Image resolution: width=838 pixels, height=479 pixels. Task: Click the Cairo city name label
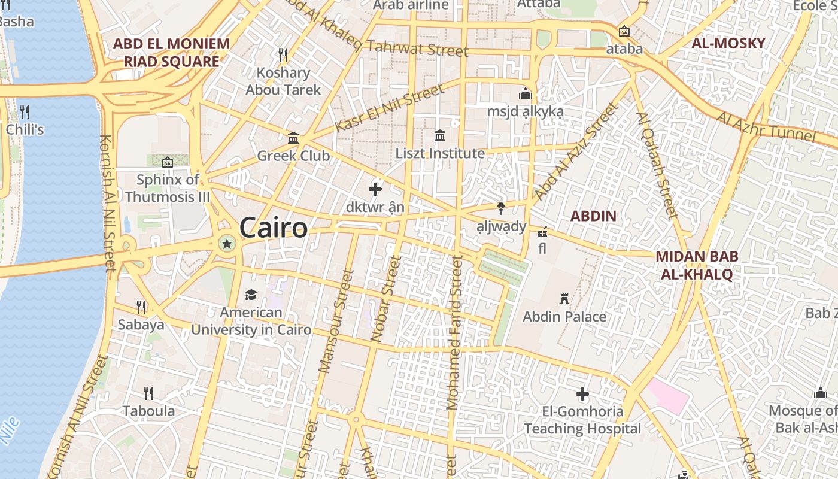[x=274, y=228]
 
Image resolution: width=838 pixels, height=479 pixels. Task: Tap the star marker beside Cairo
[x=227, y=244]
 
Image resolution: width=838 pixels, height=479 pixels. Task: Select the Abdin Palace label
[x=564, y=317]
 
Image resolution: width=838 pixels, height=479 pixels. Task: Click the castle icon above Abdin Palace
[x=564, y=298]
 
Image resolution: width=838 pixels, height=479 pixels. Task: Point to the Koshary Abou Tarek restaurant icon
[x=284, y=55]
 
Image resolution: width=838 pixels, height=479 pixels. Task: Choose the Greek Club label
[x=293, y=156]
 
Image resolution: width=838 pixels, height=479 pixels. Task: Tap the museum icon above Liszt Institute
[x=440, y=136]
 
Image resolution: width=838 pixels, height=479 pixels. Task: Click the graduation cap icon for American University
[x=251, y=295]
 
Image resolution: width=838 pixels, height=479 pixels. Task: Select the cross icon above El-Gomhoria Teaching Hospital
[x=582, y=394]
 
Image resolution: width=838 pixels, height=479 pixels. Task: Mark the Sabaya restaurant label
[x=141, y=325]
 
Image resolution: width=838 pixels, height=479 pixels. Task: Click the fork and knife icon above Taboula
[x=148, y=393]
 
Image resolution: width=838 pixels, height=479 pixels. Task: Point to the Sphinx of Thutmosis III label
[x=168, y=188]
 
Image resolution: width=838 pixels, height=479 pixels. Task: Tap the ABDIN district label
[x=593, y=216]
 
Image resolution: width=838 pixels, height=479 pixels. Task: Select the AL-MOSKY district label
[x=728, y=43]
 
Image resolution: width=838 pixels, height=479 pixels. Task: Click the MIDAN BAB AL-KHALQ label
[x=697, y=265]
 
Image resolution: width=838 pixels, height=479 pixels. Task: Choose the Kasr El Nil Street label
[x=390, y=108]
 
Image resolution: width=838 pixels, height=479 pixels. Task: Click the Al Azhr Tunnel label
[x=766, y=126]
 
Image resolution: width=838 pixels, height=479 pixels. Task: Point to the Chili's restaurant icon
[x=25, y=112]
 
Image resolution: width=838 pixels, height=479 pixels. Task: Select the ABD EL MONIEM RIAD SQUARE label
[x=171, y=53]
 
